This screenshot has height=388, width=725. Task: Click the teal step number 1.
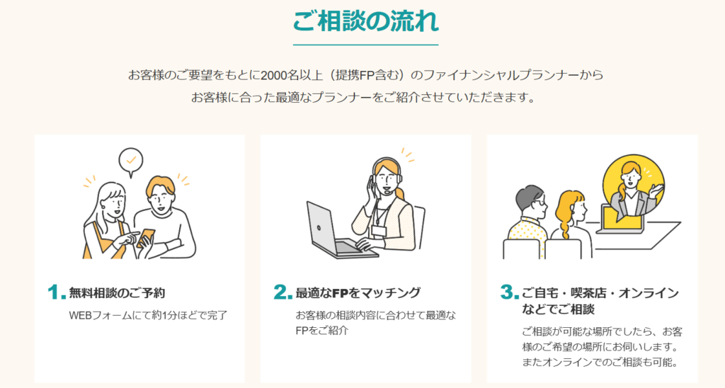coord(57,292)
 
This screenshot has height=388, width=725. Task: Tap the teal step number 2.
coord(282,292)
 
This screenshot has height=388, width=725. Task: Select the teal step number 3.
coord(509,292)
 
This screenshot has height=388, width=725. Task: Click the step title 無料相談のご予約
coord(117,292)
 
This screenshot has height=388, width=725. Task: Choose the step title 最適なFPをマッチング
coord(358,292)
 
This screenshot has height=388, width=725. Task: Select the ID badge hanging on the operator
coord(379,230)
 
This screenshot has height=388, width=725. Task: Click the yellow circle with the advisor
coord(634,186)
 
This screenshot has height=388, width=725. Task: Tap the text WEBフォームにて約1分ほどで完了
coord(148,315)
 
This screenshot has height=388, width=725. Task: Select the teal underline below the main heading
coord(366,45)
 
